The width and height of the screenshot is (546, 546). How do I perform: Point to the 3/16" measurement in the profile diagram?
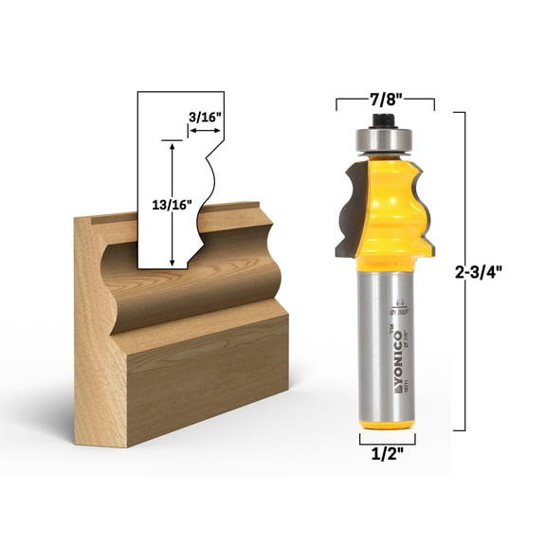(x=204, y=117)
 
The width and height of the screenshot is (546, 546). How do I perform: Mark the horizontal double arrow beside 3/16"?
(x=204, y=133)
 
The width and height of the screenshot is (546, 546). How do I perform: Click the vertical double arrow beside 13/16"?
(x=172, y=204)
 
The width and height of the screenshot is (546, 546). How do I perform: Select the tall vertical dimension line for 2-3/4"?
(x=464, y=270)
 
